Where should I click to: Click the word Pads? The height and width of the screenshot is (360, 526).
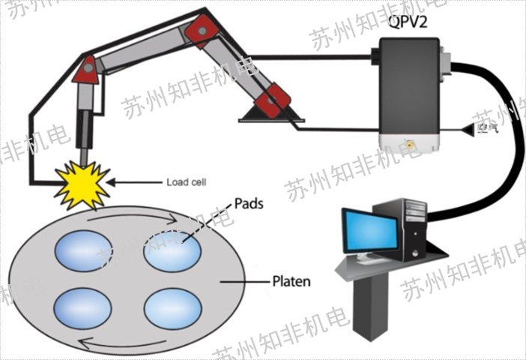[x=248, y=203]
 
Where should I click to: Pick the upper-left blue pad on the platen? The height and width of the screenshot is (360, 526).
[x=82, y=251]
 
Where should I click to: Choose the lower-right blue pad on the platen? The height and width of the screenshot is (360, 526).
[x=172, y=307]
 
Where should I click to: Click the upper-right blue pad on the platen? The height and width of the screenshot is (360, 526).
[x=172, y=251]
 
